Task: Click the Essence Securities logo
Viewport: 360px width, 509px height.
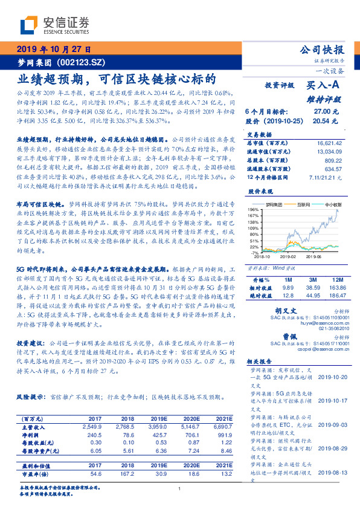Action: click(x=54, y=26)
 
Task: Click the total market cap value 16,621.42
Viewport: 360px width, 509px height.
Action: click(x=326, y=143)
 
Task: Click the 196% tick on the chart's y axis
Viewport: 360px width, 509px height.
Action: click(x=252, y=209)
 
